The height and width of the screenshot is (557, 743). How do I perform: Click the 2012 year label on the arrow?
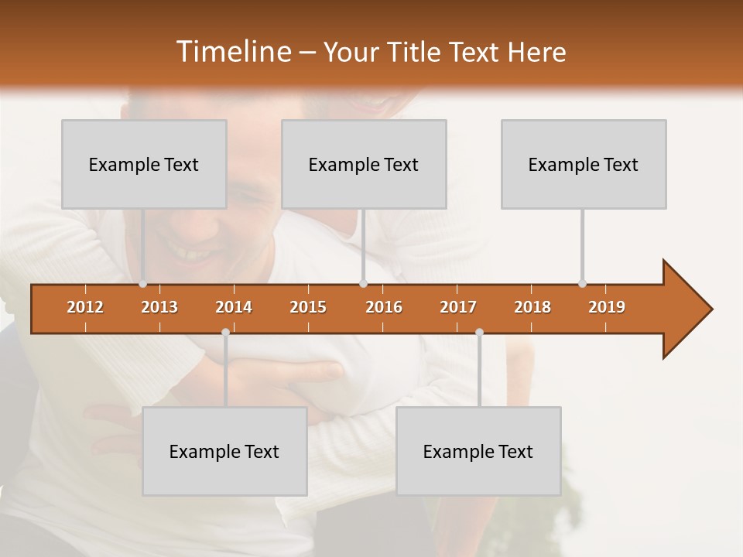(x=85, y=307)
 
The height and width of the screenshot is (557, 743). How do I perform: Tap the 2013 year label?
(x=159, y=307)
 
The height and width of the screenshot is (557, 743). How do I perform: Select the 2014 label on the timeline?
(x=234, y=307)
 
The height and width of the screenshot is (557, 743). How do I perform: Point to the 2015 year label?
(x=308, y=307)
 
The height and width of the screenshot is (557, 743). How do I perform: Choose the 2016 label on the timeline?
(x=384, y=307)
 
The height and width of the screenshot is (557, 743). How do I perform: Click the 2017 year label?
(x=458, y=307)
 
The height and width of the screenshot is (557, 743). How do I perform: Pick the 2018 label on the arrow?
(x=532, y=307)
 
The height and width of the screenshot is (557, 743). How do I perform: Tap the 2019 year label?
(x=607, y=307)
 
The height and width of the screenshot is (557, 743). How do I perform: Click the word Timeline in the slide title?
(x=232, y=52)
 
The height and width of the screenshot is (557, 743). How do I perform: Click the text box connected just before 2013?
(x=144, y=164)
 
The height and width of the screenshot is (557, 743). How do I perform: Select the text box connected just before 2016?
(x=364, y=164)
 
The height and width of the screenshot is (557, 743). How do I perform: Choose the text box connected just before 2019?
(x=584, y=164)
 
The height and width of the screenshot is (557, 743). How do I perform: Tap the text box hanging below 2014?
(x=224, y=451)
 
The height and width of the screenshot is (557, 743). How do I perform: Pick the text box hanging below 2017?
(x=478, y=451)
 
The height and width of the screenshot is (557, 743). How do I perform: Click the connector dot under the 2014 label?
(x=225, y=332)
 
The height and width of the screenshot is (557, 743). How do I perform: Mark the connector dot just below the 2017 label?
(x=479, y=332)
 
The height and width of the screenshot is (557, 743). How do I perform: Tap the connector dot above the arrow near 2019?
(x=582, y=283)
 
